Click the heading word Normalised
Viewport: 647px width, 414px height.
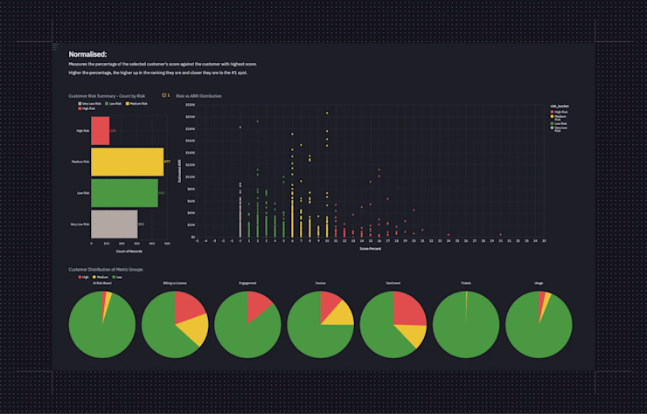pyautogui.click(x=87, y=54)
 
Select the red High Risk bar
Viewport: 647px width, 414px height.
pyautogui.click(x=100, y=131)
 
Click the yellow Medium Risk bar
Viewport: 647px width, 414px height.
pyautogui.click(x=127, y=162)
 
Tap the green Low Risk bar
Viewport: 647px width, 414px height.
pyautogui.click(x=124, y=193)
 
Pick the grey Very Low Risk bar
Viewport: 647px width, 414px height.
pyautogui.click(x=114, y=224)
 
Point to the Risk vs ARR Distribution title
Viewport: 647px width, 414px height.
pyautogui.click(x=198, y=95)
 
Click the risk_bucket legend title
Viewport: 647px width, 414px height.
pyautogui.click(x=559, y=106)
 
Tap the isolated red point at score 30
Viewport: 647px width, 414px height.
pyautogui.click(x=501, y=234)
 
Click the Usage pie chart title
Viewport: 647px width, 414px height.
pyautogui.click(x=539, y=283)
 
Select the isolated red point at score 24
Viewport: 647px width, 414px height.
pyautogui.click(x=449, y=234)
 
